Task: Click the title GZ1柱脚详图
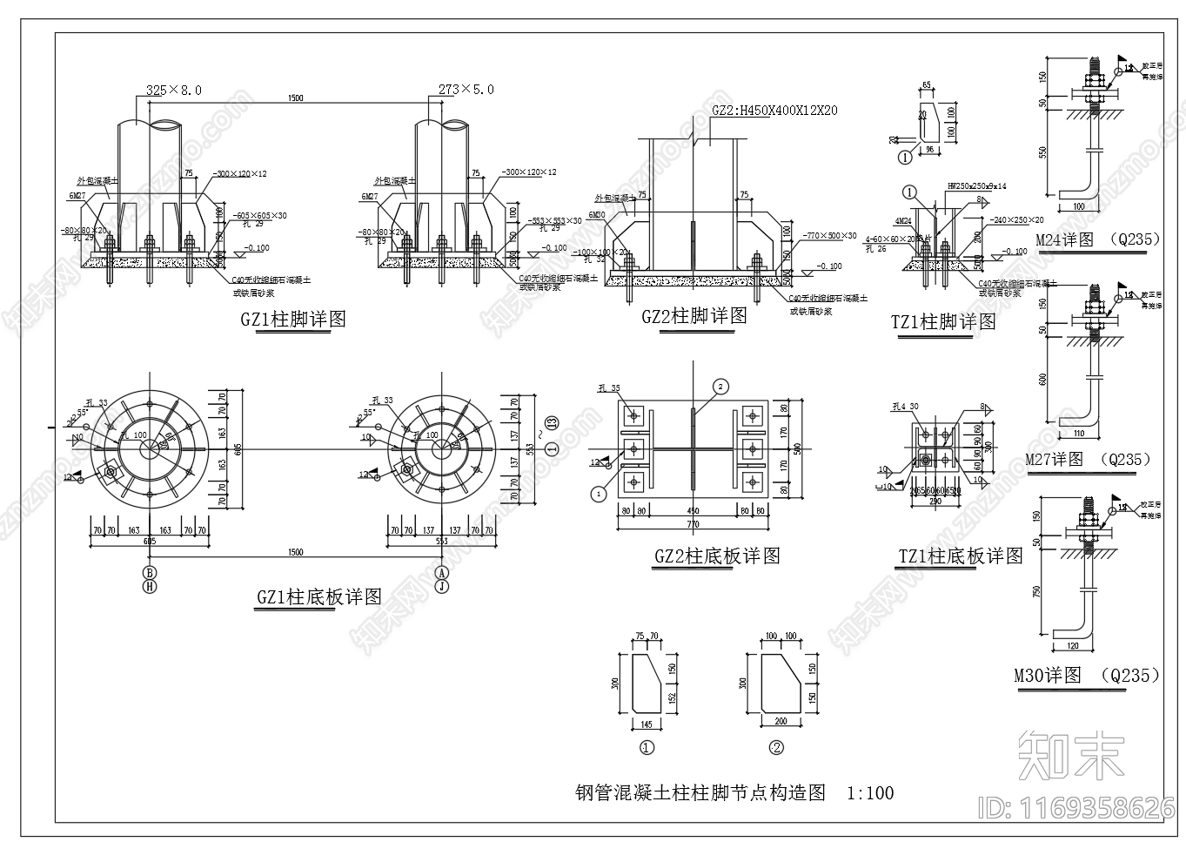(x=293, y=320)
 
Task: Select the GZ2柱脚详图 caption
(x=694, y=316)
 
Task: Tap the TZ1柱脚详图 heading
(x=943, y=321)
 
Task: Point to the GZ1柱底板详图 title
(x=318, y=597)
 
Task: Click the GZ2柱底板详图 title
(x=716, y=556)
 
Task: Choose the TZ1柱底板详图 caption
(x=961, y=556)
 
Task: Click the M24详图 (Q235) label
(x=1097, y=239)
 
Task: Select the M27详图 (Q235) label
(x=1087, y=459)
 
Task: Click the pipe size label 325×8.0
(x=174, y=90)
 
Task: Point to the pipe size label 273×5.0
(x=466, y=90)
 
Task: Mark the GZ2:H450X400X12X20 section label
(x=774, y=111)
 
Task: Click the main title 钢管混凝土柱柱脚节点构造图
(x=700, y=792)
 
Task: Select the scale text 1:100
(x=870, y=792)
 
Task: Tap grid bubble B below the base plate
(x=150, y=572)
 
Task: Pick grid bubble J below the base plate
(x=442, y=587)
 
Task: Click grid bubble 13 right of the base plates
(x=552, y=424)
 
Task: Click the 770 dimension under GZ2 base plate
(x=694, y=524)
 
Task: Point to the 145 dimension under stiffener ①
(x=647, y=724)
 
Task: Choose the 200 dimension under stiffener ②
(x=781, y=722)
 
